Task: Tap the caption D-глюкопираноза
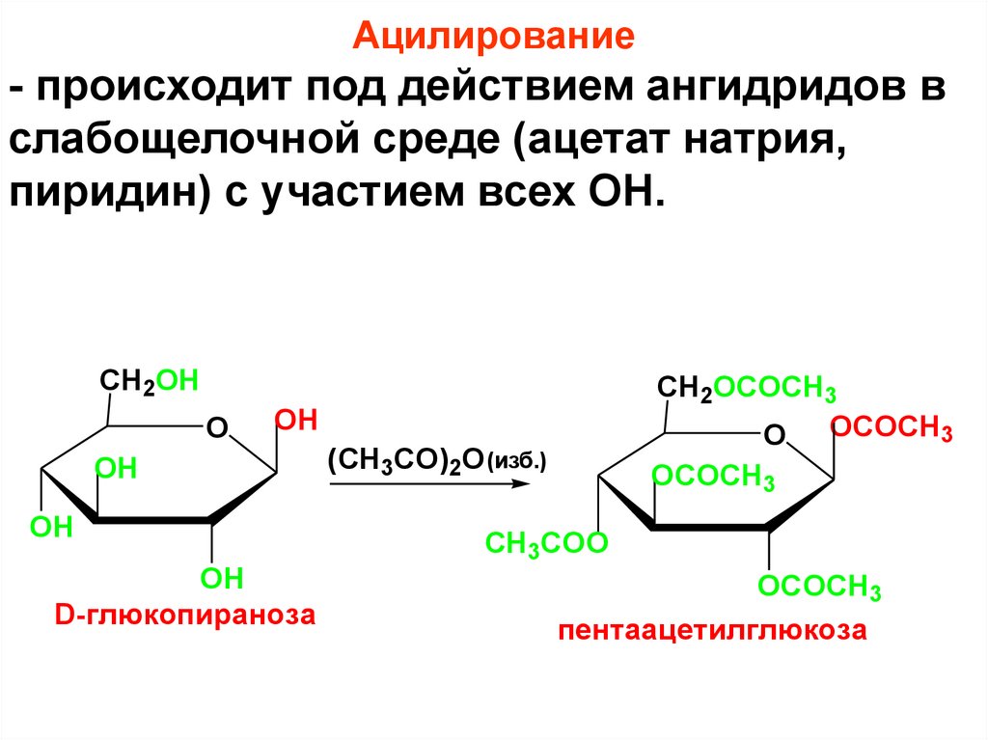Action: point(185,615)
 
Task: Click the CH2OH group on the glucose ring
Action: point(150,380)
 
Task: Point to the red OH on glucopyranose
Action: point(296,420)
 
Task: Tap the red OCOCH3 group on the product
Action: point(892,428)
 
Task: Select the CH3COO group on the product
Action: point(546,543)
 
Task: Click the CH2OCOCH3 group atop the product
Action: point(747,389)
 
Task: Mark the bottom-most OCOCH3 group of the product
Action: point(819,586)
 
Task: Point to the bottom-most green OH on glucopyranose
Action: point(221,579)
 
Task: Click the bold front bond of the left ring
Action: point(153,521)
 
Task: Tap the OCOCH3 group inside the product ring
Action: point(714,476)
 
